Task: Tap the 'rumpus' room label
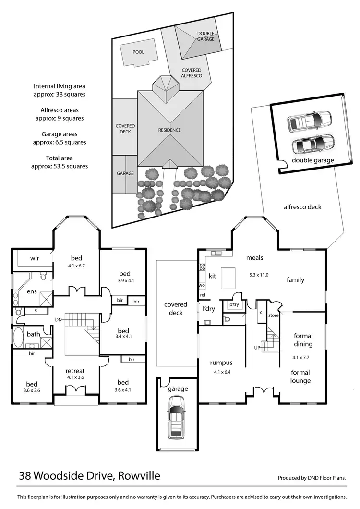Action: (x=221, y=363)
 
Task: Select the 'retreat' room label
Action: (x=75, y=371)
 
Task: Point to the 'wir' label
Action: (x=35, y=258)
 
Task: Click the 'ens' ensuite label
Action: (x=32, y=291)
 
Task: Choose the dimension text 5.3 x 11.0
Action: (x=259, y=275)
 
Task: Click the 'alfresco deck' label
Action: (x=302, y=207)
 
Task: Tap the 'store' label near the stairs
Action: (x=274, y=315)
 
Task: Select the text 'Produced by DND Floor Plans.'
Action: (x=312, y=478)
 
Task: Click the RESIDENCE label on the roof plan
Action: (x=169, y=130)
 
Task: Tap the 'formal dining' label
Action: (x=303, y=340)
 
